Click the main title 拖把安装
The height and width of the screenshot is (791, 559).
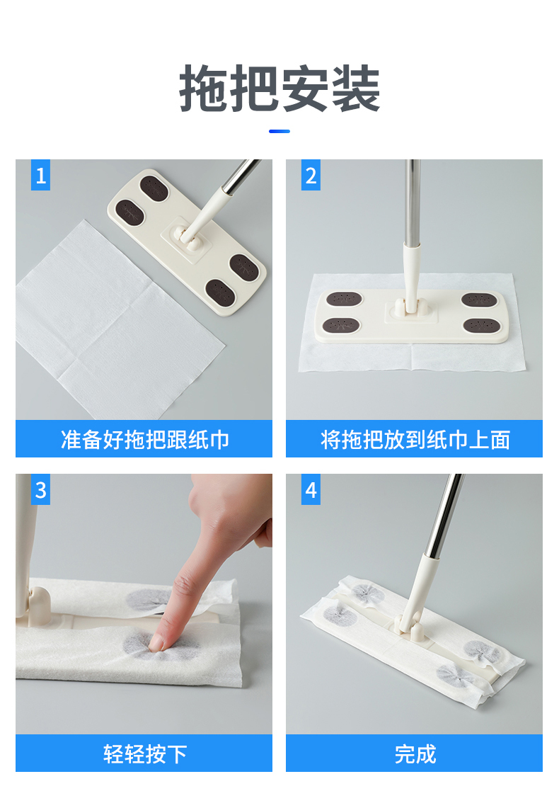tap(279, 89)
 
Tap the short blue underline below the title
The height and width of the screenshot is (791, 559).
tap(279, 131)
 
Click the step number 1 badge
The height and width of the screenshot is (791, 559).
tap(40, 175)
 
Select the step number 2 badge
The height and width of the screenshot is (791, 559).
tap(311, 175)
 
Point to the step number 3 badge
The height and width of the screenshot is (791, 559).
tap(40, 489)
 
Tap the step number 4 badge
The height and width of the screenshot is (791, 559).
tap(311, 489)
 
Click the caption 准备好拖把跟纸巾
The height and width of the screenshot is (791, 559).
tap(144, 439)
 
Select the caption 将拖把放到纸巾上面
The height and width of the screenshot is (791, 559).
tap(415, 439)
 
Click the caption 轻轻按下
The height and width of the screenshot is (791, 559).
tap(144, 753)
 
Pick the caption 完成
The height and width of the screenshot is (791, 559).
tap(415, 753)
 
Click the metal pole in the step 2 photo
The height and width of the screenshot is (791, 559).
tap(413, 202)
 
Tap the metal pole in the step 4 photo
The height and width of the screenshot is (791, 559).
tap(444, 515)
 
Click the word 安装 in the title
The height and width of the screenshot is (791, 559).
tap(330, 89)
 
